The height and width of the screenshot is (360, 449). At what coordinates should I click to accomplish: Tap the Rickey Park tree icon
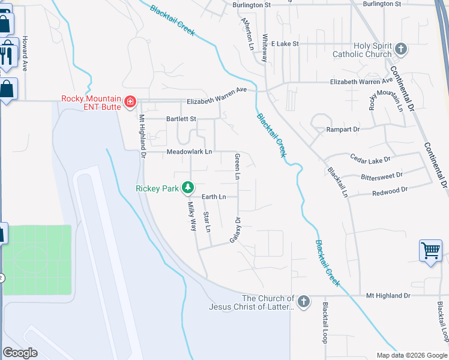[x=188, y=188]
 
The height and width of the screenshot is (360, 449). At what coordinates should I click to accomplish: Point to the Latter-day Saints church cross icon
[x=304, y=301]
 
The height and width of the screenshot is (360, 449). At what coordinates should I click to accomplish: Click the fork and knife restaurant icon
[x=7, y=53]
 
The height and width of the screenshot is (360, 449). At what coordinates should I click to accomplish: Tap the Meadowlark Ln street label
[x=189, y=152]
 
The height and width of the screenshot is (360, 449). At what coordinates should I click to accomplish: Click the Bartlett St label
[x=181, y=119]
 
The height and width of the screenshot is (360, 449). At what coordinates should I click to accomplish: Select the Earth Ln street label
[x=214, y=197]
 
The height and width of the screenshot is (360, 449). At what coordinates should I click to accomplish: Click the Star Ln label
[x=207, y=222]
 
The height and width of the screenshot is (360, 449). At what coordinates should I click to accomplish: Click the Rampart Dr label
[x=343, y=129]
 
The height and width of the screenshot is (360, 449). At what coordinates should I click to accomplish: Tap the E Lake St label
[x=285, y=44]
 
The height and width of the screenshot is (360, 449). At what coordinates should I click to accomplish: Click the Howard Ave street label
[x=25, y=54]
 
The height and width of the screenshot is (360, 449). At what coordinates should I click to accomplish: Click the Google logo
[x=20, y=353]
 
